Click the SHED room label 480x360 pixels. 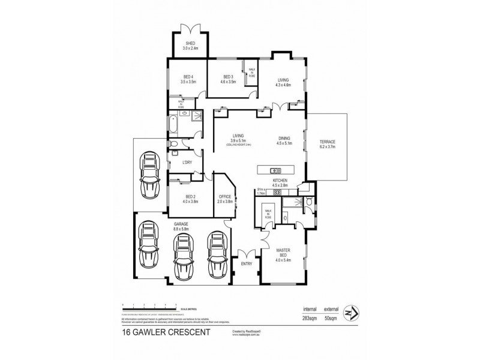[x=190, y=44]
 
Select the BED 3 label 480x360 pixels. [x=227, y=77]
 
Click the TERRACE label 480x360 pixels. [x=327, y=142]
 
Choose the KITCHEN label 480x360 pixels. [x=280, y=181]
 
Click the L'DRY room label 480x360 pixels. [x=178, y=163]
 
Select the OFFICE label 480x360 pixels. [x=225, y=197]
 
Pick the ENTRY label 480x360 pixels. [x=246, y=264]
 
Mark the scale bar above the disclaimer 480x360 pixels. [x=148, y=306]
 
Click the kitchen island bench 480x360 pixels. [x=278, y=169]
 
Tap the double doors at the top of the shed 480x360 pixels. [x=190, y=26]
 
